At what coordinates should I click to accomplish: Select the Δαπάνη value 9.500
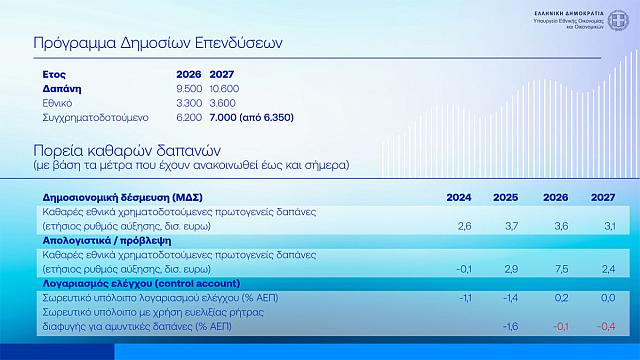point(189,89)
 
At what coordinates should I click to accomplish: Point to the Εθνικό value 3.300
point(189,103)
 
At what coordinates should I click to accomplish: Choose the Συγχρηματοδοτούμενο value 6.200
point(189,117)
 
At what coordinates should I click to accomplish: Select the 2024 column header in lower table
point(459,197)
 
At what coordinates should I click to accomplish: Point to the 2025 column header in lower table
point(507,197)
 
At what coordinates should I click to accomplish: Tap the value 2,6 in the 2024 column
point(464,227)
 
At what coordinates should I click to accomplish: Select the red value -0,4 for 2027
point(604,326)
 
